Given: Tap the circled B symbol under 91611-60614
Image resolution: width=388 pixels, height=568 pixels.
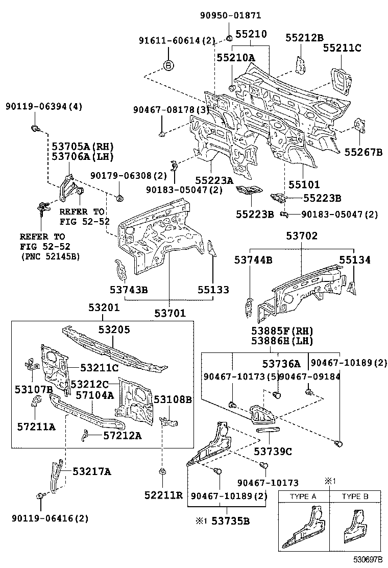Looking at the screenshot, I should tap(169, 65).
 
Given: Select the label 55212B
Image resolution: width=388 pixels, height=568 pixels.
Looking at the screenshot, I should tap(304, 37).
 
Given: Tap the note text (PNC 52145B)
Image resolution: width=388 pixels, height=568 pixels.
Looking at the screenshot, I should tap(50, 256).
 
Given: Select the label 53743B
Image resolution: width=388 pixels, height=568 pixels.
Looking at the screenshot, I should tap(129, 290).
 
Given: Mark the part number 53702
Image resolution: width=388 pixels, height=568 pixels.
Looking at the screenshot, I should tap(301, 236).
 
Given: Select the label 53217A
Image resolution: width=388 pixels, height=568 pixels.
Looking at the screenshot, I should tap(91, 471).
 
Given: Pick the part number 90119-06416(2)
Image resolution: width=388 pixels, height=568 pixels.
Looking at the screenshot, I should tap(50, 518).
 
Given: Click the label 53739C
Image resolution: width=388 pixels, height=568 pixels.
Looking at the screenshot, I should tap(273, 451).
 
